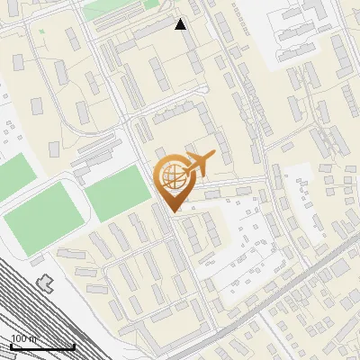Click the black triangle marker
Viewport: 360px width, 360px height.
click(x=181, y=24)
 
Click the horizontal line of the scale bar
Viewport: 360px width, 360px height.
click(x=41, y=346)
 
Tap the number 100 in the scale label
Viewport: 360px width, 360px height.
click(x=18, y=337)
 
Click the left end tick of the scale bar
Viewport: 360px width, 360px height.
click(x=10, y=344)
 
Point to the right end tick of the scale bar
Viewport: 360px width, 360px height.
click(x=74, y=344)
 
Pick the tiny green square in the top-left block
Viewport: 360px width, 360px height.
click(x=41, y=31)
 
